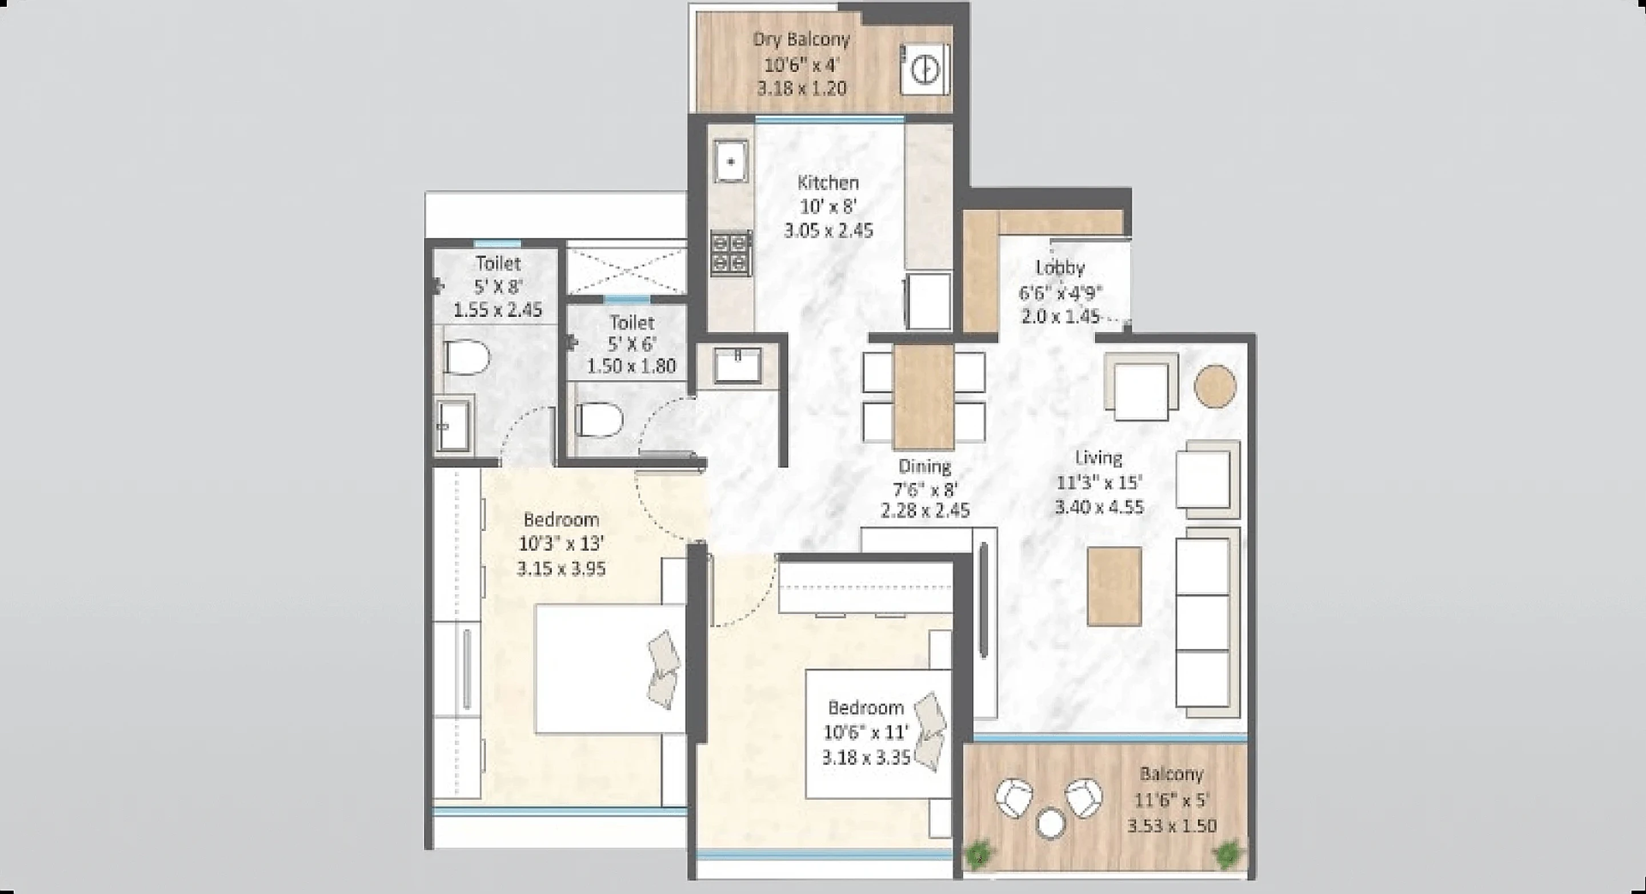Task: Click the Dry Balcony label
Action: tap(801, 39)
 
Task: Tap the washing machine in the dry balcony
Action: tap(924, 70)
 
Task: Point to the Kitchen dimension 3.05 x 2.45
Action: tap(828, 231)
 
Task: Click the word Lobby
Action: tap(1060, 268)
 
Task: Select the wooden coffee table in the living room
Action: tap(1114, 586)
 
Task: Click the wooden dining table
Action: tap(923, 397)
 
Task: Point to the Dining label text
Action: tap(924, 466)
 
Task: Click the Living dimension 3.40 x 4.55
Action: tap(1099, 508)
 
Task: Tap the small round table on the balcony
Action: tap(1050, 823)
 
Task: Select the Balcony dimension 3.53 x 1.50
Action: tap(1171, 826)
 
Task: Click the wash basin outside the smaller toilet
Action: tap(737, 365)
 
